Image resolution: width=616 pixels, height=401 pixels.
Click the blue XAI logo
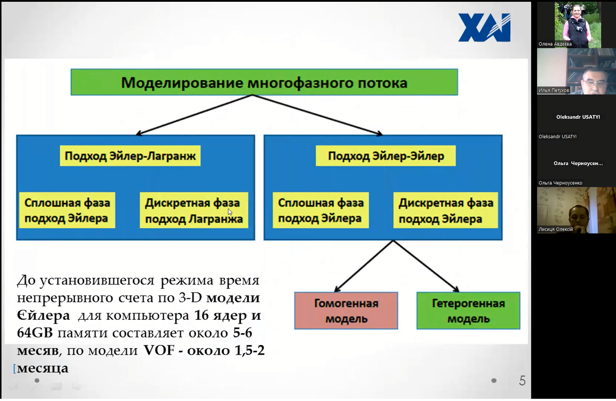[484, 27]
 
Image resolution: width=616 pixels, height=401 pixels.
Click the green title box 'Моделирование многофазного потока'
[264, 82]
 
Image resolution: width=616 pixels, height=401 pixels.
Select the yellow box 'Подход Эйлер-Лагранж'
[130, 156]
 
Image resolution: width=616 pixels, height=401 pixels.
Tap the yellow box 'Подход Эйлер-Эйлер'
[385, 156]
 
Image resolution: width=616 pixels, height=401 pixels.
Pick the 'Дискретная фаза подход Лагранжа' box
[194, 210]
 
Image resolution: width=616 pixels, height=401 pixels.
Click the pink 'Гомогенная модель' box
[346, 311]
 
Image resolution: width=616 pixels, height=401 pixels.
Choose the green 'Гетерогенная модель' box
[469, 311]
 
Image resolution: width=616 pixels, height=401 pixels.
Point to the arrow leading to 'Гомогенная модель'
[364, 266]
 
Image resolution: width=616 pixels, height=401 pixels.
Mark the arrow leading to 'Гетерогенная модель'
[426, 266]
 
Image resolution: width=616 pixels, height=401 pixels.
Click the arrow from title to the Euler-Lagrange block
[194, 115]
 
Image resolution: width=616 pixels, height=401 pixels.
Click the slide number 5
[522, 381]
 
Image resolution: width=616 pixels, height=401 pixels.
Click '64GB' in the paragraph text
[35, 333]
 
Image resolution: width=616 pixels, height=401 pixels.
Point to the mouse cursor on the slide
[230, 212]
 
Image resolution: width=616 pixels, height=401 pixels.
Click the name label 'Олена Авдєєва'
[555, 44]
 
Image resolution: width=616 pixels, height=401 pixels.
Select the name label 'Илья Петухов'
[554, 90]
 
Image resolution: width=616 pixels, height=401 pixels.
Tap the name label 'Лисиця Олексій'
[556, 229]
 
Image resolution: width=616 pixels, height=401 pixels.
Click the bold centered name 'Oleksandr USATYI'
[578, 117]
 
